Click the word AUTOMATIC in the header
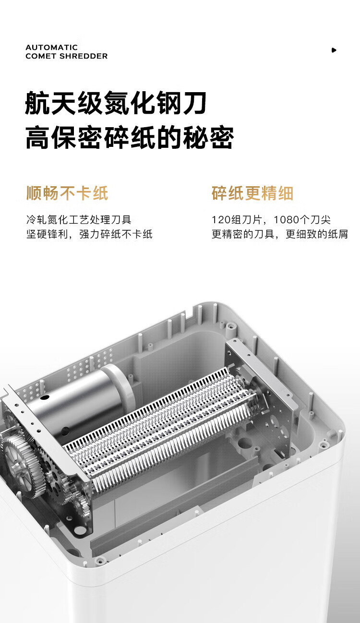coord(51,48)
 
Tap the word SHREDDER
coord(84,56)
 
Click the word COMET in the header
coord(41,56)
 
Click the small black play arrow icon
coord(334,50)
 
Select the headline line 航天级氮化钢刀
coord(116,103)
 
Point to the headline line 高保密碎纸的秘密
coord(130,138)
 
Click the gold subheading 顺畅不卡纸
coord(67,193)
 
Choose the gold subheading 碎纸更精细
coord(252,193)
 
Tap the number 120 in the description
coord(221,220)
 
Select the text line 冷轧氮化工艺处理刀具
coord(79,220)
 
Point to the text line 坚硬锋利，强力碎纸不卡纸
coord(89,234)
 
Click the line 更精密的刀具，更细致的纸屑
coord(280,234)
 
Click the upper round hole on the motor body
coord(45,397)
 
